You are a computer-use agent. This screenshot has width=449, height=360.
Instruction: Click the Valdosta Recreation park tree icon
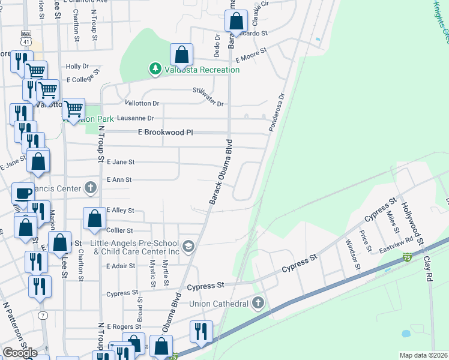pyautogui.click(x=155, y=69)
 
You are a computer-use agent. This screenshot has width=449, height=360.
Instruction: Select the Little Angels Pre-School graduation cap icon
pyautogui.click(x=188, y=245)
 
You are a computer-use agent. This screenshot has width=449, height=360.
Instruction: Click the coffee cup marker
pyautogui.click(x=23, y=193)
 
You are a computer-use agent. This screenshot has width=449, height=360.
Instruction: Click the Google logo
pyautogui.click(x=20, y=352)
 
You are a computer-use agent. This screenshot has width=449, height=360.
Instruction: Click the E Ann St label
pyautogui.click(x=119, y=179)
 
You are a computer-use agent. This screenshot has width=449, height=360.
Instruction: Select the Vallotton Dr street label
pyautogui.click(x=142, y=104)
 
